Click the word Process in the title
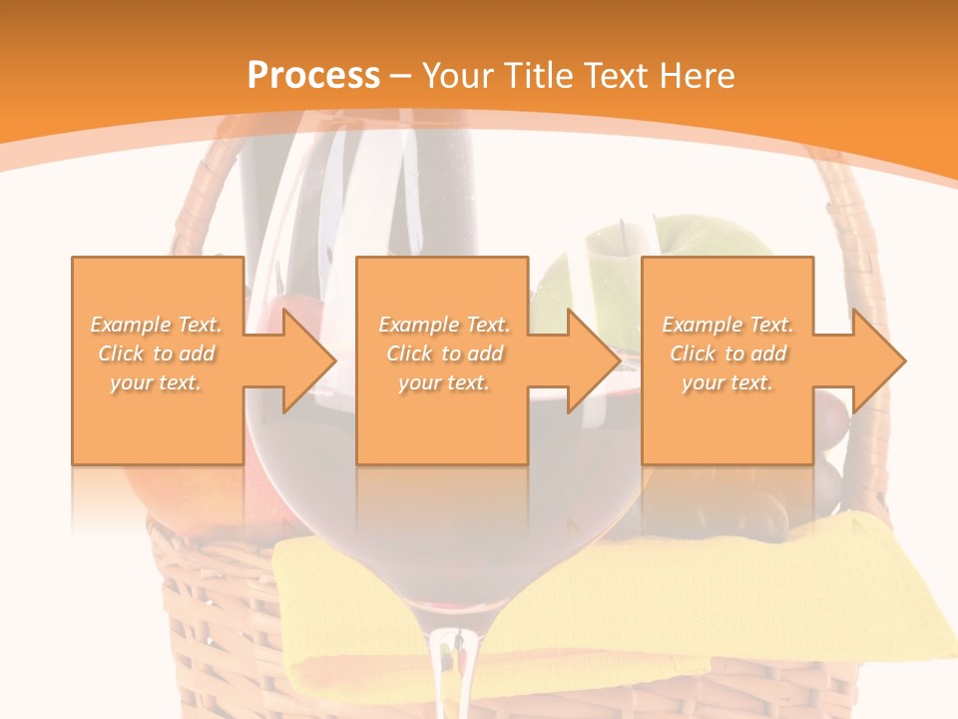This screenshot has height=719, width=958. pyautogui.click(x=313, y=76)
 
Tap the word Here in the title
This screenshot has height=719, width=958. pyautogui.click(x=698, y=76)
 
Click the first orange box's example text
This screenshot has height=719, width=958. pyautogui.click(x=157, y=354)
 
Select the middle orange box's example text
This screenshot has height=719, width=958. pyautogui.click(x=444, y=354)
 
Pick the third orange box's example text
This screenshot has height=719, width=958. pyautogui.click(x=727, y=354)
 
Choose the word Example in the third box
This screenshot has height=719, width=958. pyautogui.click(x=703, y=325)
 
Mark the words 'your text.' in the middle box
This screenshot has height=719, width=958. pyautogui.click(x=444, y=382)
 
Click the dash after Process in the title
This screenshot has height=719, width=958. pyautogui.click(x=401, y=76)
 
